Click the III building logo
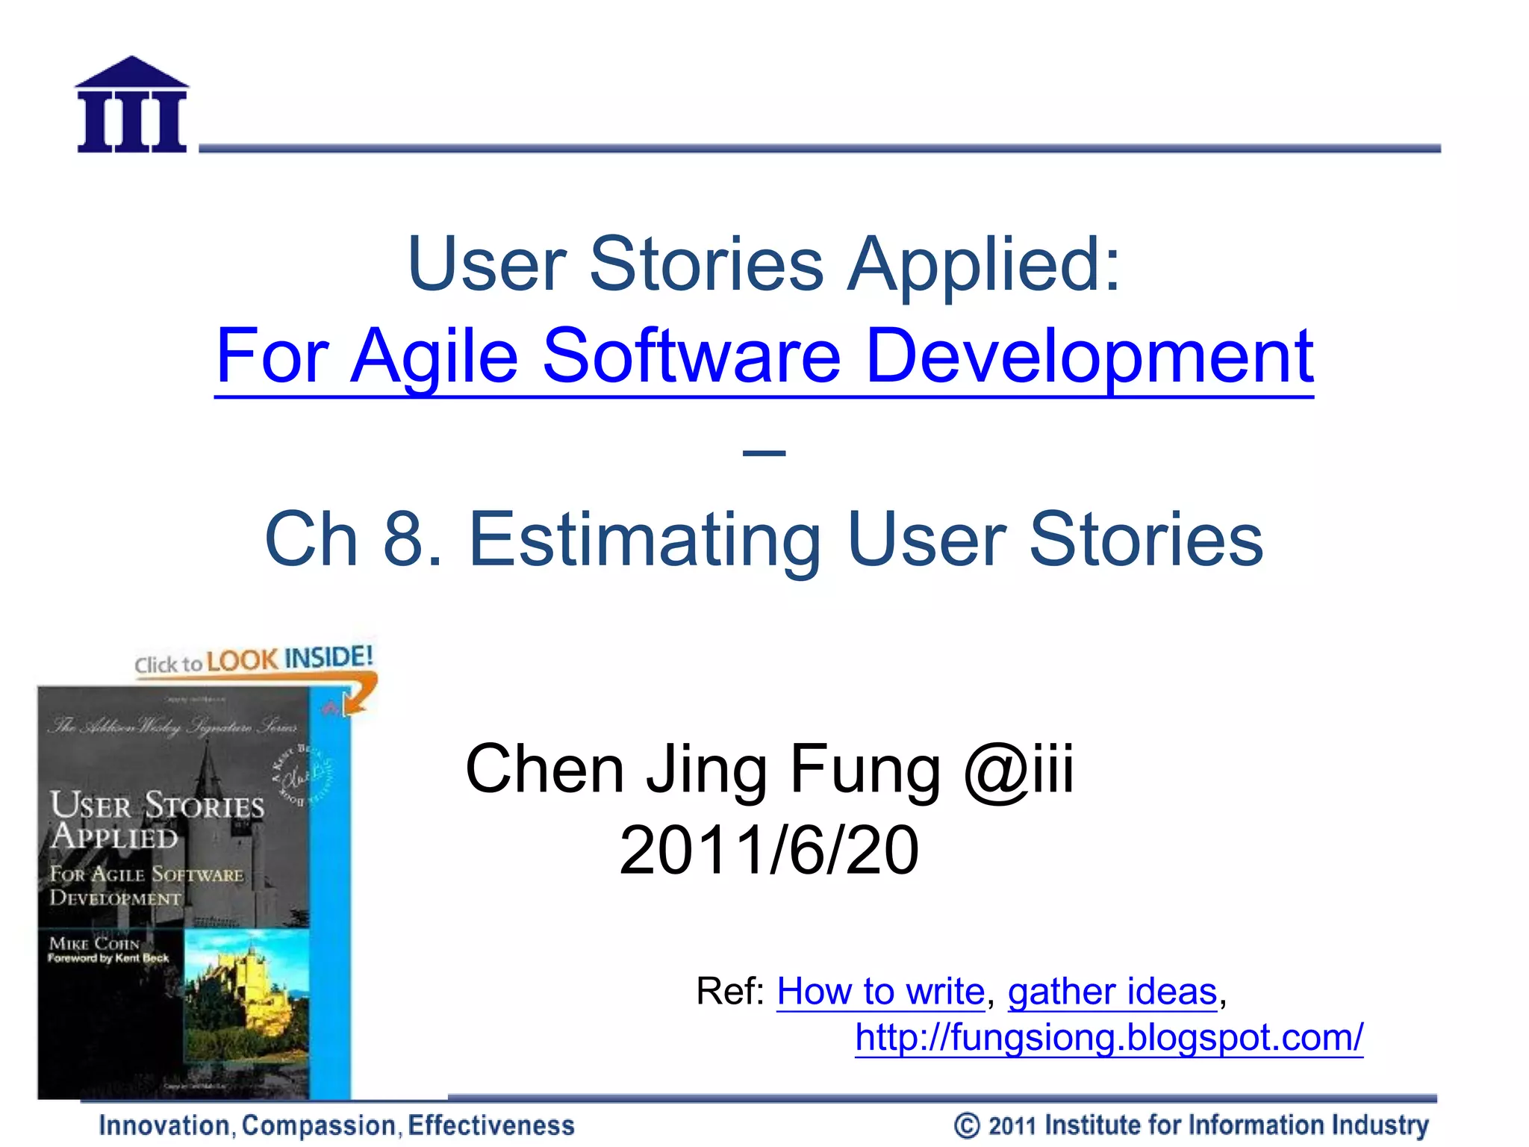click(131, 105)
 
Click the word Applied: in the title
click(984, 264)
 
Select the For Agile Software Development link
click(764, 357)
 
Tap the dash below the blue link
click(764, 453)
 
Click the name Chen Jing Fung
click(702, 769)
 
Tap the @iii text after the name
click(1018, 769)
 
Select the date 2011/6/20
click(768, 850)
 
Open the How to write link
click(880, 992)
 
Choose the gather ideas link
click(1112, 992)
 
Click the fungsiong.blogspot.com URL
click(1109, 1037)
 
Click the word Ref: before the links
click(729, 992)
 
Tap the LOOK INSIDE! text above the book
click(289, 659)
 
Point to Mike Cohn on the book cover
click(94, 943)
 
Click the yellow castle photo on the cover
click(246, 993)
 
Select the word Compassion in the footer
click(322, 1125)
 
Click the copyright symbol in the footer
click(967, 1125)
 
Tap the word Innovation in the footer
click(164, 1125)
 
